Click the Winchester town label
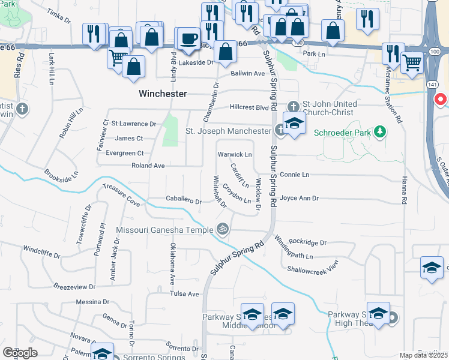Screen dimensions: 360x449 tap(163, 94)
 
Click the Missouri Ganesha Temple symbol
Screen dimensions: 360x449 tap(223, 229)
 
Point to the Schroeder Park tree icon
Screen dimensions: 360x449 tap(379, 131)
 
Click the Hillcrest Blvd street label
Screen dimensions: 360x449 tap(249, 107)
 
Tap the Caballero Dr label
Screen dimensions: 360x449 tap(184, 201)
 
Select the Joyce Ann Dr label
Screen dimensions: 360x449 tap(299, 197)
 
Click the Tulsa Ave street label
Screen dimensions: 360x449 tap(184, 294)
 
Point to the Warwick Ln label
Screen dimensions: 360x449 tap(235, 155)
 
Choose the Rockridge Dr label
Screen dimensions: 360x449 tap(307, 242)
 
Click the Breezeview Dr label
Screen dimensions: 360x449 tap(74, 287)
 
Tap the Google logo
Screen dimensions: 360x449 tap(20, 353)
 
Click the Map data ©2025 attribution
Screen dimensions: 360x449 tap(424, 355)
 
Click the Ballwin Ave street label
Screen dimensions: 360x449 tap(248, 74)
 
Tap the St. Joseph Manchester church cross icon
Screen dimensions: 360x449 tap(280, 130)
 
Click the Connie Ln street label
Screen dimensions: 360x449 tap(294, 175)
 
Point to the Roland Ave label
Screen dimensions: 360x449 tap(148, 166)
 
